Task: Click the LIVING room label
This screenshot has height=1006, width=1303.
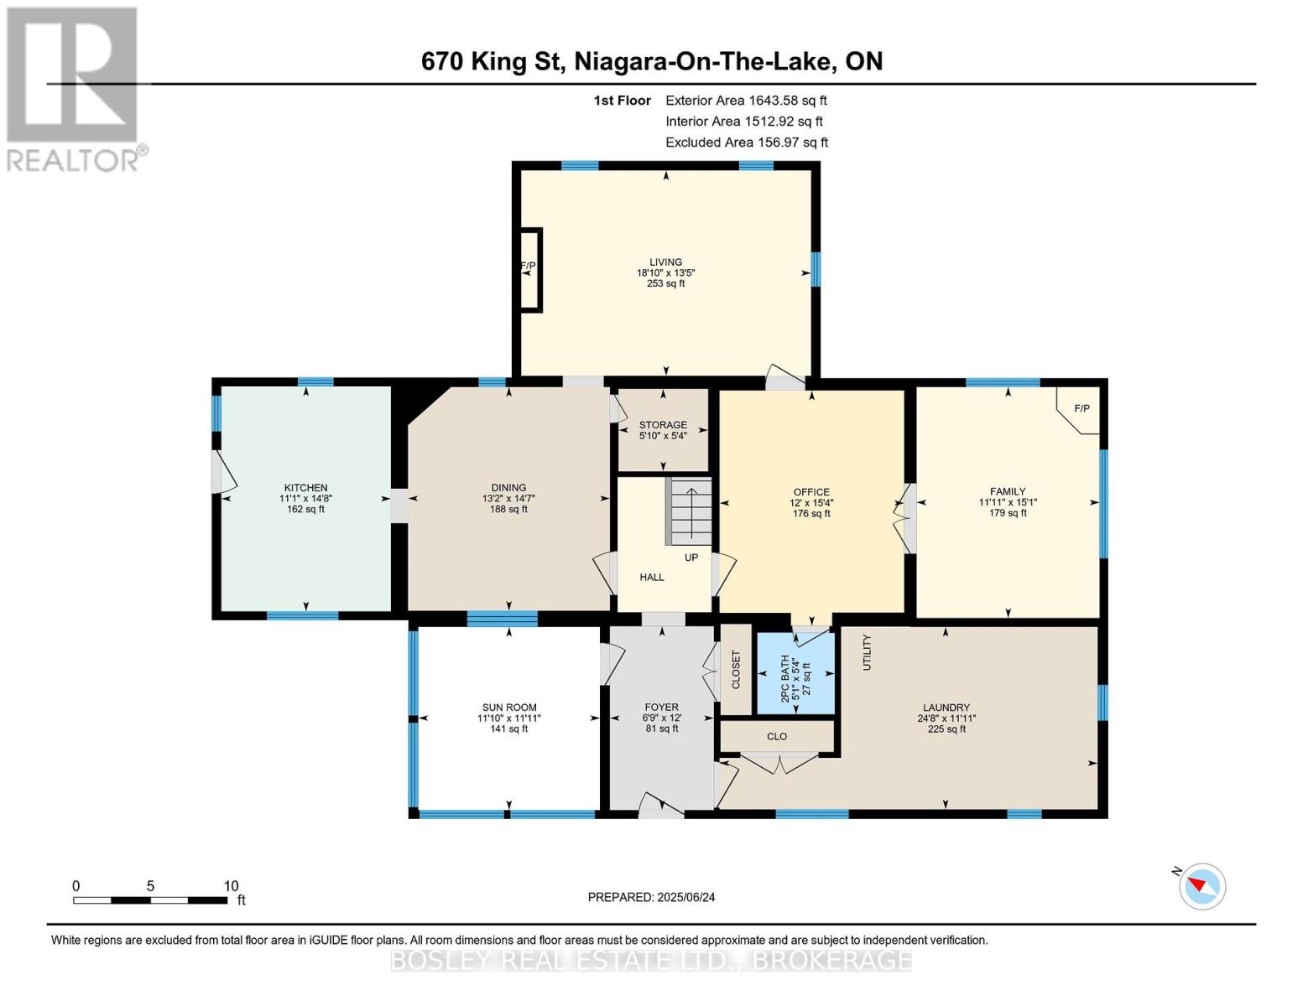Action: [x=665, y=262]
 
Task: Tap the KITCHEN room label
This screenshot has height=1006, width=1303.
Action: [x=305, y=487]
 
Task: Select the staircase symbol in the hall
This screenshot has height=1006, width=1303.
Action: [x=690, y=511]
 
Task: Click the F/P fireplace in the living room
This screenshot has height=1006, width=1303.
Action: [x=529, y=269]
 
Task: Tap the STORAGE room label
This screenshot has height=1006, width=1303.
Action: [x=663, y=425]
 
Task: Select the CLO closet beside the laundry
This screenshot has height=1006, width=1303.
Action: [x=777, y=736]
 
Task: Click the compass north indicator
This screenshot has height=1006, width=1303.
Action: [x=1201, y=885]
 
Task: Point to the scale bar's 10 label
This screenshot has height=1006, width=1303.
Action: [x=231, y=885]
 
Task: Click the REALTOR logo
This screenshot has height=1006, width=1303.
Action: [x=74, y=88]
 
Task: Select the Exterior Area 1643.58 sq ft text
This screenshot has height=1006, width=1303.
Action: [x=746, y=100]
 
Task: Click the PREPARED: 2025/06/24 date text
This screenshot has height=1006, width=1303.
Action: [x=651, y=897]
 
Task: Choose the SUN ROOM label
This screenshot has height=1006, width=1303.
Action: [x=509, y=708]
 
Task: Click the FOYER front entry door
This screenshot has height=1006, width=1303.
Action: [x=661, y=807]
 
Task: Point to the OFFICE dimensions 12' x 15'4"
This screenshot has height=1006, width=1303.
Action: [x=811, y=503]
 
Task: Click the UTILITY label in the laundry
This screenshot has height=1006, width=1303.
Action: [x=867, y=651]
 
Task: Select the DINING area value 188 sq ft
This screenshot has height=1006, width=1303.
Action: [x=508, y=509]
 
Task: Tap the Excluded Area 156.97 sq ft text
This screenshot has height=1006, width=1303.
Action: [x=746, y=143]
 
